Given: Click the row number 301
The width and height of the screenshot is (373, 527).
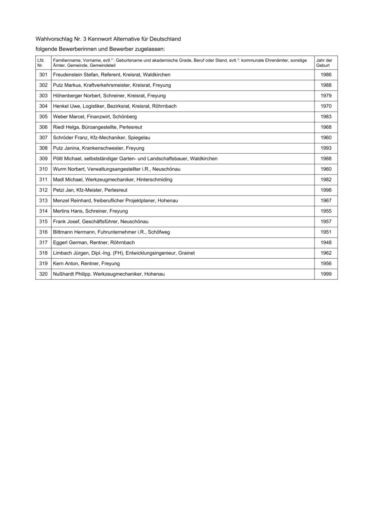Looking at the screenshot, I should coord(43,75).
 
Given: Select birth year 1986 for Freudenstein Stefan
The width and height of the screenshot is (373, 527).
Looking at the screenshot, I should coord(326,75).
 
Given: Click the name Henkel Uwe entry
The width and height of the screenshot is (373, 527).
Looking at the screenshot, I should coord(115,106).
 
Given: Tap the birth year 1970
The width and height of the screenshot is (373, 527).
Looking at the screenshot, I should coord(326,106).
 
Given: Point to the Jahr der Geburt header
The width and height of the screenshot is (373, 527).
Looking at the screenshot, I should coord(324,63).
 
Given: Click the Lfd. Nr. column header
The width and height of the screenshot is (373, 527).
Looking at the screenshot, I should coord(41,63).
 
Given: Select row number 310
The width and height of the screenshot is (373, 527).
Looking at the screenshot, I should coord(43,169).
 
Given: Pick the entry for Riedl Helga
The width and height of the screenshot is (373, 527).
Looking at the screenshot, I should coord(97,127).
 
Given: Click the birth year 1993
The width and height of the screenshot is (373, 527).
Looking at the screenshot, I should coord(326,148).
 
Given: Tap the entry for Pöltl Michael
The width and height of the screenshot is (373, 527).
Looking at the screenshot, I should coord(135,159).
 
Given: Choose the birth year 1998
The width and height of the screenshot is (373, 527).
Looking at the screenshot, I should coord(326,190).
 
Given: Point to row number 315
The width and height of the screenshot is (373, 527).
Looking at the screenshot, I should coord(43,222).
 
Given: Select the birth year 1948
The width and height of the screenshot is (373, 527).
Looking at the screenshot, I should coord(326,243).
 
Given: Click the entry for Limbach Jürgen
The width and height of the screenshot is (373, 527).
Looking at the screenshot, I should coord(124,253).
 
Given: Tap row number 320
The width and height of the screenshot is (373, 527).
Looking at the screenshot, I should coord(43,274).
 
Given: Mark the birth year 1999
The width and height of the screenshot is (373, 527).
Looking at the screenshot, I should coord(326,274).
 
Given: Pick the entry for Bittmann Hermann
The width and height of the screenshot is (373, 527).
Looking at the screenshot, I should coord(111,232).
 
